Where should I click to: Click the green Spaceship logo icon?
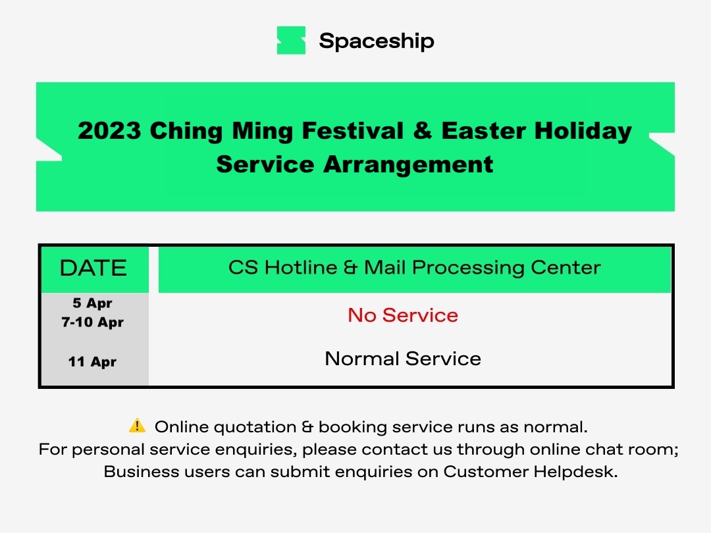291,40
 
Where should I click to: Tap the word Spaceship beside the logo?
377,41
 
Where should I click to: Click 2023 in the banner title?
109,130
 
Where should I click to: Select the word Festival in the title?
353,130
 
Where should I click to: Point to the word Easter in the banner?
484,130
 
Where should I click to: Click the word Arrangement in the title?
408,164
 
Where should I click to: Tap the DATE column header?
93,268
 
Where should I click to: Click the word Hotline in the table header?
301,267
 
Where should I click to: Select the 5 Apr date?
93,303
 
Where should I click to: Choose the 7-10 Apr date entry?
93,322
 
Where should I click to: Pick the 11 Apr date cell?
93,362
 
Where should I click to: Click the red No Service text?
403,315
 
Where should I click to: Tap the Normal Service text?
403,359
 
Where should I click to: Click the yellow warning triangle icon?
137,426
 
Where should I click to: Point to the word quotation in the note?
255,427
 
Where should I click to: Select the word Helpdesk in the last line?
575,472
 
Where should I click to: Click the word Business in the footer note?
141,471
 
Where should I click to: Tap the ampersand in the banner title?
423,130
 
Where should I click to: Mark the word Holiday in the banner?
583,132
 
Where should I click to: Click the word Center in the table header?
566,267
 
